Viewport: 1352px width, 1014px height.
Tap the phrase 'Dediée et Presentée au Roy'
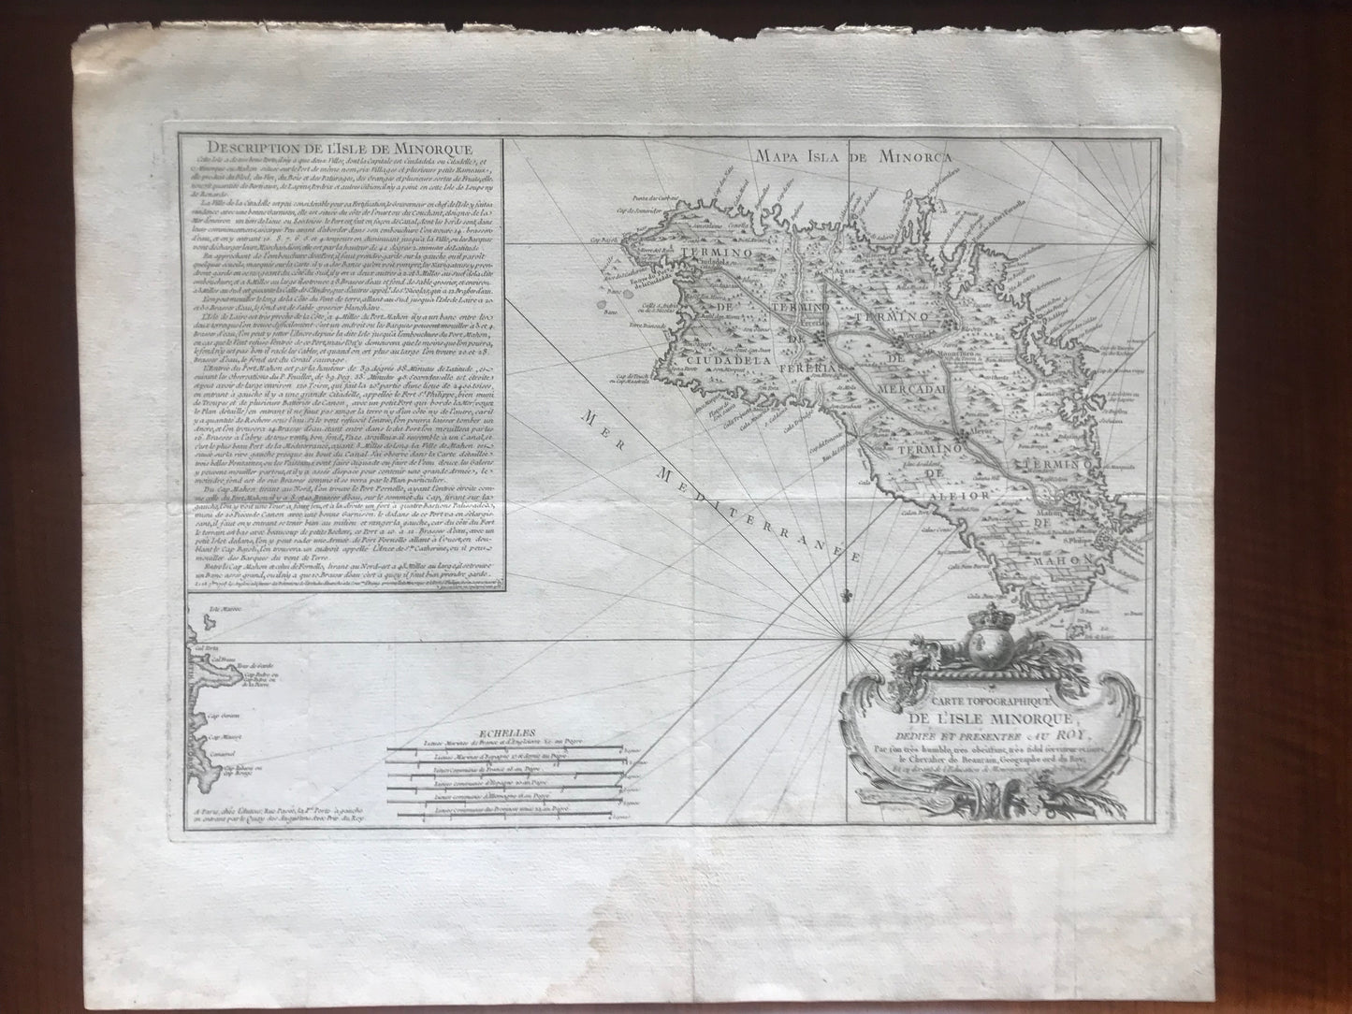982,734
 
